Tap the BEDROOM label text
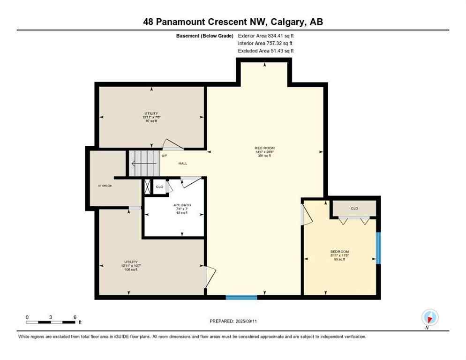click(339, 252)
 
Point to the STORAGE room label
click(105, 186)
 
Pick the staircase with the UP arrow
click(144, 163)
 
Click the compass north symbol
click(429, 317)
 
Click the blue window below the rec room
click(241, 297)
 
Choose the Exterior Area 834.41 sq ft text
click(266, 35)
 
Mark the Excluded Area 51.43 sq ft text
click(266, 51)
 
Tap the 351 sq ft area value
click(264, 156)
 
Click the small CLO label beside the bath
click(159, 187)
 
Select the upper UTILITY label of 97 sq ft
click(150, 113)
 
